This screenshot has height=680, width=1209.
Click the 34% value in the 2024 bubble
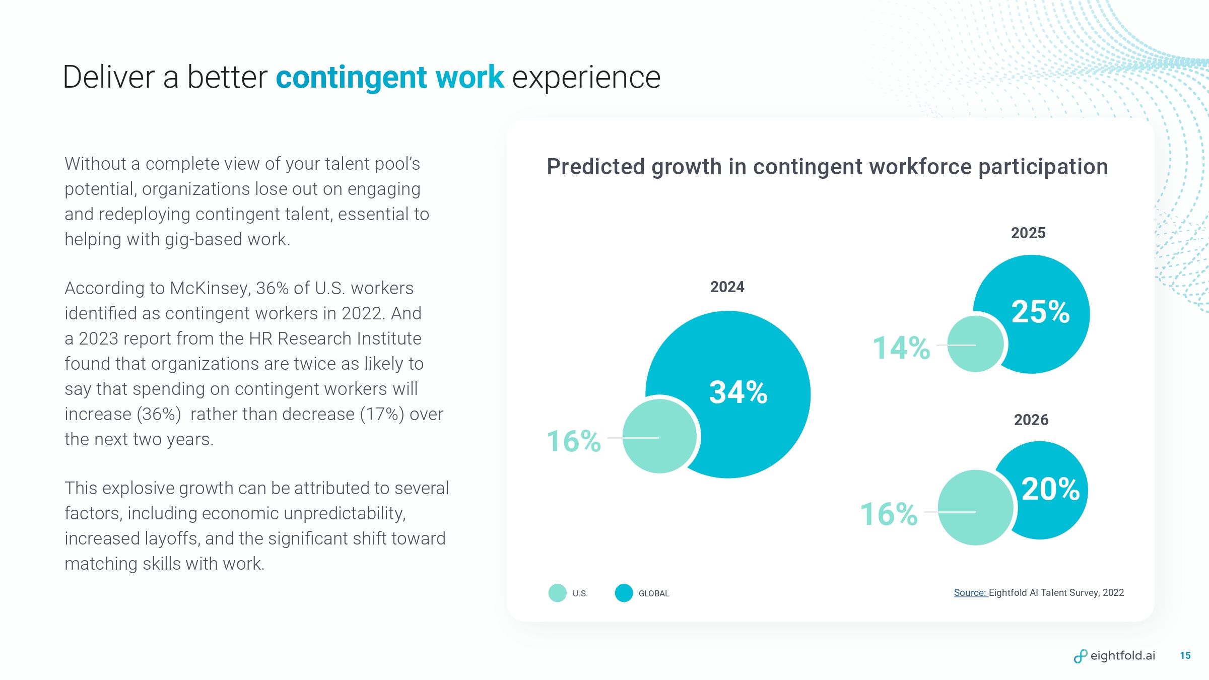(x=738, y=392)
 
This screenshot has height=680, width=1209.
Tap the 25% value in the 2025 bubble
(x=1040, y=312)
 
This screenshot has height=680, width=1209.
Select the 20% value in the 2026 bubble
(x=1050, y=489)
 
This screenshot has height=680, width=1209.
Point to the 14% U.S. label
(x=901, y=348)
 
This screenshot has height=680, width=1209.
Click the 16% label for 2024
(x=574, y=441)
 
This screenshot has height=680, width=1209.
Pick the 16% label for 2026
(x=889, y=514)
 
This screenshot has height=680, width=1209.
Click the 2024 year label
(x=727, y=287)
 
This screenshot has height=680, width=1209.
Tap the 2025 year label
(x=1028, y=233)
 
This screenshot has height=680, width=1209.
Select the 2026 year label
(x=1031, y=420)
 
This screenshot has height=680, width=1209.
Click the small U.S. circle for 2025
(x=975, y=344)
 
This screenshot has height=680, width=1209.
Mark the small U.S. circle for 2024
(x=659, y=436)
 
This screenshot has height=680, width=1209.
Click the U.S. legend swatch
(x=557, y=593)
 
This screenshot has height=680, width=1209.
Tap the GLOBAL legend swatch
(x=624, y=593)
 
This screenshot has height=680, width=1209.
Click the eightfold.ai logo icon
(x=1080, y=656)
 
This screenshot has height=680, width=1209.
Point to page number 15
(x=1185, y=656)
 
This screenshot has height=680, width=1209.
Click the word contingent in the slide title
(x=351, y=78)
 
